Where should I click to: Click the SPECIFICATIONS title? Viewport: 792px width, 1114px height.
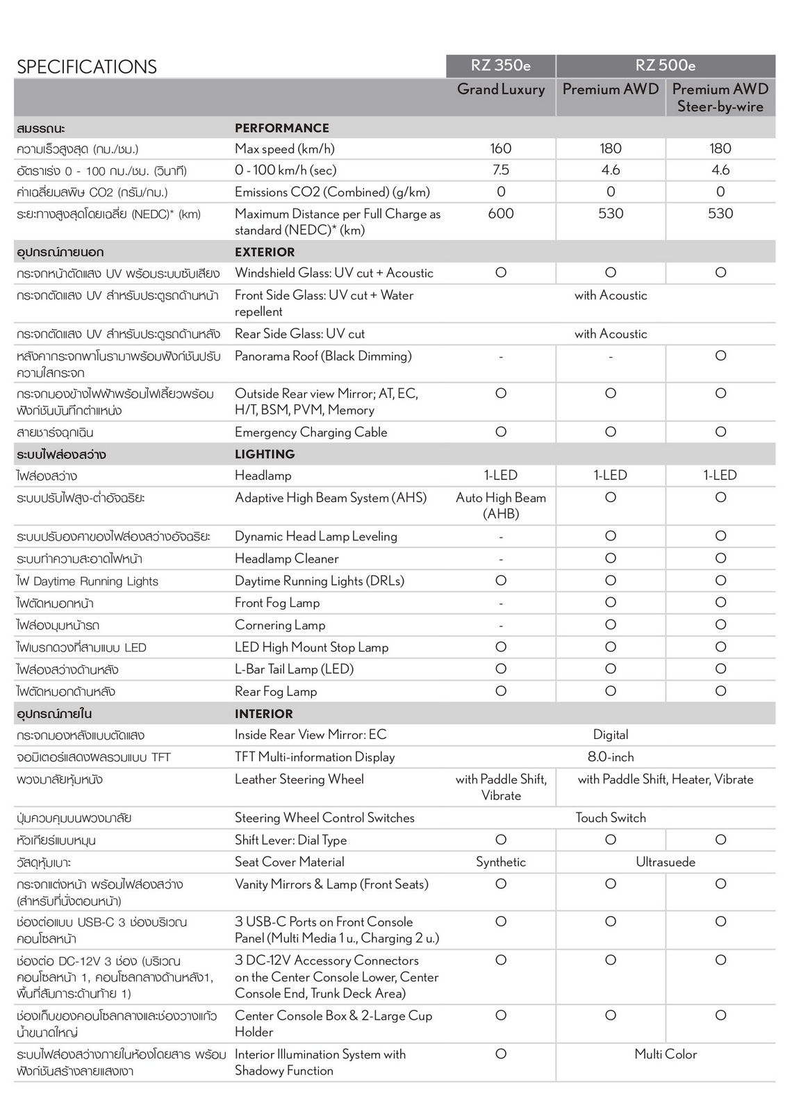pyautogui.click(x=87, y=67)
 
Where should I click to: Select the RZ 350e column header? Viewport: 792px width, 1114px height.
pyautogui.click(x=500, y=65)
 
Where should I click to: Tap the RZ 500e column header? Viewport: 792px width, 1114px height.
pyautogui.click(x=665, y=65)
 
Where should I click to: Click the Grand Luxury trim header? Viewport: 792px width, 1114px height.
pyautogui.click(x=500, y=89)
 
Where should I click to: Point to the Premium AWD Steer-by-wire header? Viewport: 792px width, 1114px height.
pyautogui.click(x=720, y=98)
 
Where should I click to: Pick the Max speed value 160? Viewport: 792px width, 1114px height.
pyautogui.click(x=500, y=149)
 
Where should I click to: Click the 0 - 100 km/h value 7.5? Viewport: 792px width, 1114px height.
pyautogui.click(x=500, y=170)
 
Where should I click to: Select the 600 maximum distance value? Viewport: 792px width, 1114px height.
pyautogui.click(x=500, y=214)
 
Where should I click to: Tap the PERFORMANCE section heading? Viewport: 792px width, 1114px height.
pyautogui.click(x=282, y=128)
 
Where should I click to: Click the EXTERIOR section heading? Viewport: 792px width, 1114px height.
pyautogui.click(x=265, y=252)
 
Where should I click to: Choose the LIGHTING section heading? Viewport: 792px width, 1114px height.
pyautogui.click(x=265, y=454)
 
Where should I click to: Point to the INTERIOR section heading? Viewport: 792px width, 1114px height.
pyautogui.click(x=264, y=714)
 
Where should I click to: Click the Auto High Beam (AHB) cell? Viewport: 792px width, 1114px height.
pyautogui.click(x=500, y=506)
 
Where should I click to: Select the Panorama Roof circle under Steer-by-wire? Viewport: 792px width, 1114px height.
pyautogui.click(x=720, y=356)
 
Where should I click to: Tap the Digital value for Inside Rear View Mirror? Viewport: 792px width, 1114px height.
pyautogui.click(x=611, y=735)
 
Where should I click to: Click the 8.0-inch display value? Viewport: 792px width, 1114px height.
pyautogui.click(x=611, y=757)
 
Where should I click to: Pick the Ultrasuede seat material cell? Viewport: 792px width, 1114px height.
pyautogui.click(x=665, y=862)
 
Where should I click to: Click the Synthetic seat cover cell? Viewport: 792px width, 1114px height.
pyautogui.click(x=500, y=862)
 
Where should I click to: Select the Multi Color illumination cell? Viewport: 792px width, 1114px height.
pyautogui.click(x=665, y=1054)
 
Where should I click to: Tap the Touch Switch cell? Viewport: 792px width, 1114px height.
pyautogui.click(x=611, y=817)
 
